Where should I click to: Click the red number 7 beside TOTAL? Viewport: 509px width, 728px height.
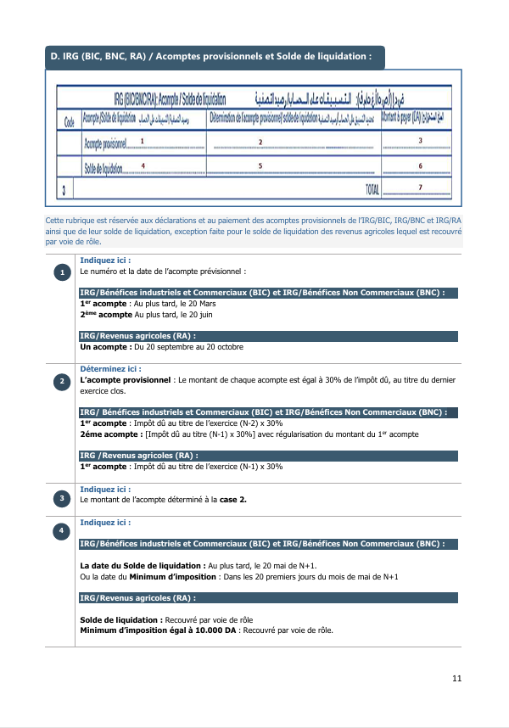pyautogui.click(x=421, y=186)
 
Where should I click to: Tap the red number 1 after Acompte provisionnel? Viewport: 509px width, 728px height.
pyautogui.click(x=142, y=141)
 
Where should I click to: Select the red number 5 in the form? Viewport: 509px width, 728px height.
pyautogui.click(x=260, y=165)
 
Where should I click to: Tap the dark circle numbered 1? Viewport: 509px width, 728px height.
pyautogui.click(x=63, y=272)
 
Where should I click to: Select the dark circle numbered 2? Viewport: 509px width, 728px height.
pyautogui.click(x=63, y=383)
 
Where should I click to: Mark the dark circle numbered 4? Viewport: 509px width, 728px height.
pyautogui.click(x=63, y=531)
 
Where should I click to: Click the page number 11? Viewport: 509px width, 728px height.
pyautogui.click(x=456, y=678)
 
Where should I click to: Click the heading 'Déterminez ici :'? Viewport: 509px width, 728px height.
pyautogui.click(x=110, y=369)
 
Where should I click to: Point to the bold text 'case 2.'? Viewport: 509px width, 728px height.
pyautogui.click(x=233, y=500)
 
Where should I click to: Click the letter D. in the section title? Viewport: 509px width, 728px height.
pyautogui.click(x=55, y=57)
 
